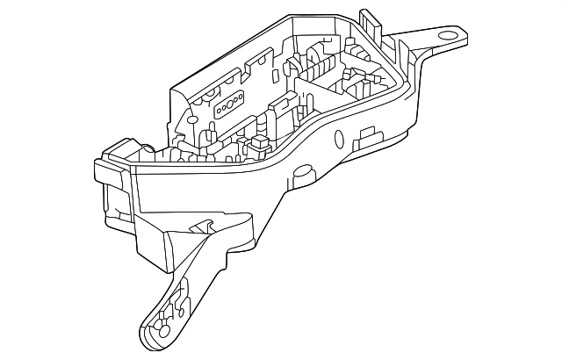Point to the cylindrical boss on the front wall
point(337,139)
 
